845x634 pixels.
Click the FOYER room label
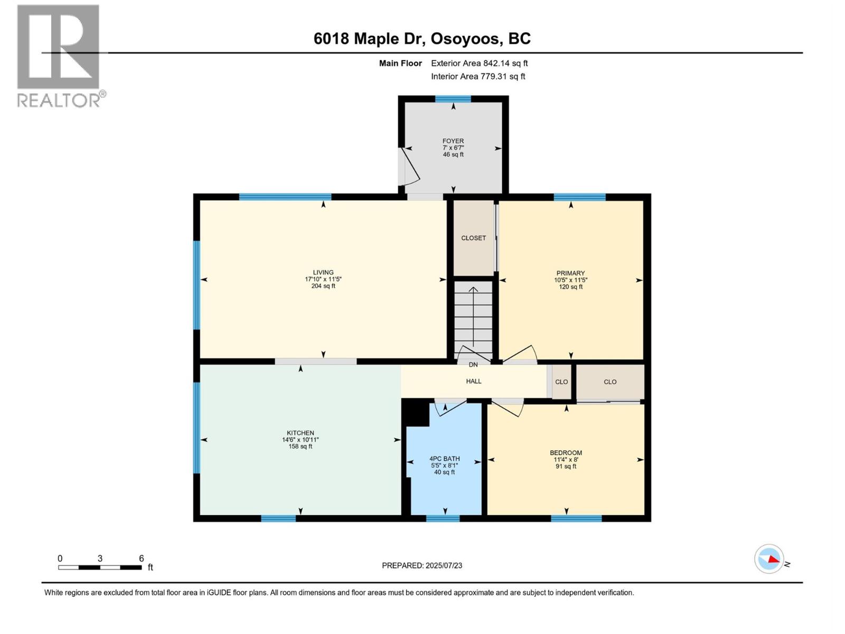click(x=453, y=141)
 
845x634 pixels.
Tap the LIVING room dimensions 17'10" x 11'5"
click(x=323, y=279)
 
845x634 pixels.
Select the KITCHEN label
click(x=300, y=433)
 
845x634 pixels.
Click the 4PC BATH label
click(x=444, y=459)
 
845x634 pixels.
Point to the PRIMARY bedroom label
click(x=570, y=273)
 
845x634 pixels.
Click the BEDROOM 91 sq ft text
click(x=566, y=467)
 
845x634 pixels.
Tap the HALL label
click(x=473, y=381)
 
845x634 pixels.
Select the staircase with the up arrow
click(x=473, y=320)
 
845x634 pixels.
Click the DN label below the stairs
click(x=473, y=365)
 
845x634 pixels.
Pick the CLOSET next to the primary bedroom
click(x=473, y=238)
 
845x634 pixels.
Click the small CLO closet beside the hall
click(x=561, y=381)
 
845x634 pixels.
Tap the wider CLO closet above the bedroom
click(x=610, y=381)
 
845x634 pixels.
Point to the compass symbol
click(x=769, y=558)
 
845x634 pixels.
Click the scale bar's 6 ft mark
click(x=141, y=558)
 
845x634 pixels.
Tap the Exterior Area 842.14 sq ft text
click(x=479, y=63)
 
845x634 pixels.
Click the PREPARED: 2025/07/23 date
click(x=422, y=565)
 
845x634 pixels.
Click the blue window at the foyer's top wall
click(x=453, y=99)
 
